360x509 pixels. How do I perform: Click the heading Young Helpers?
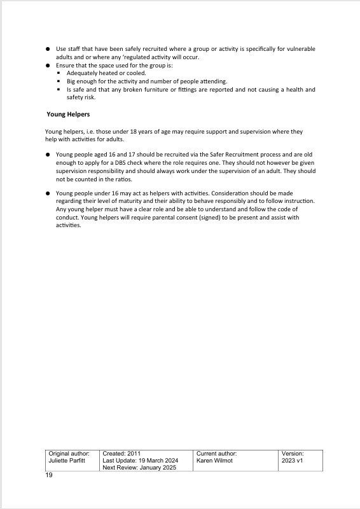point(67,115)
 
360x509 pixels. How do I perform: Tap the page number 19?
point(49,475)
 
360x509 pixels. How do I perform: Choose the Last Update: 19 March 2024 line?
point(140,460)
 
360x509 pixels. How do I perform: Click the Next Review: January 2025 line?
point(139,468)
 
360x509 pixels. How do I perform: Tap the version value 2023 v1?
point(293,460)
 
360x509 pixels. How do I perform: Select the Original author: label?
point(69,453)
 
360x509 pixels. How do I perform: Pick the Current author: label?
point(217,453)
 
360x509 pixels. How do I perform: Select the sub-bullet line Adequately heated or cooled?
point(97,73)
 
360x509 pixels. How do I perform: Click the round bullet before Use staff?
point(48,49)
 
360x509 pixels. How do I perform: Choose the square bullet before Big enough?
point(59,81)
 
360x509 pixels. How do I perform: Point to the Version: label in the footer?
point(293,453)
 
